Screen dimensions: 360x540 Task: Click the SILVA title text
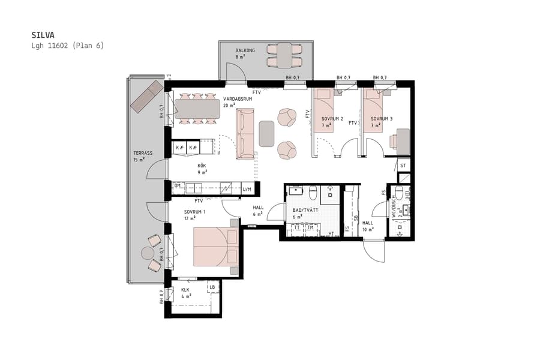click(x=43, y=35)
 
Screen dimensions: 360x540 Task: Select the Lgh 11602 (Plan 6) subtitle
click(x=67, y=46)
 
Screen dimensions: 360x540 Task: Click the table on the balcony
click(x=280, y=55)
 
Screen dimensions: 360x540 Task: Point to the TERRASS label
click(x=143, y=153)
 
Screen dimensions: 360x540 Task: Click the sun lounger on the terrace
click(x=147, y=96)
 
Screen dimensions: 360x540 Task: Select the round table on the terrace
click(x=148, y=253)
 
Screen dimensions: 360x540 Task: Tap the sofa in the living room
click(x=246, y=134)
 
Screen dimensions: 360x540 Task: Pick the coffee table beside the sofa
click(x=267, y=134)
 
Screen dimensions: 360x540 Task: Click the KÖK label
click(x=202, y=166)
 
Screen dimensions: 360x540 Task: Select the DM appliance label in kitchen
click(x=178, y=186)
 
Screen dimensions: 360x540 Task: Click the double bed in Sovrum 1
click(x=215, y=247)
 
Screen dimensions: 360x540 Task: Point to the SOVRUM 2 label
click(x=332, y=119)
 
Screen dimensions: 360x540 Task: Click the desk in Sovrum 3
click(x=403, y=139)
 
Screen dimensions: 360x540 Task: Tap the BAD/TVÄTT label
click(x=304, y=211)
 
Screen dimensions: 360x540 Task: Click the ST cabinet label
click(x=403, y=165)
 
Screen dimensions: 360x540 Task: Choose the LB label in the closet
click(x=212, y=287)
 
